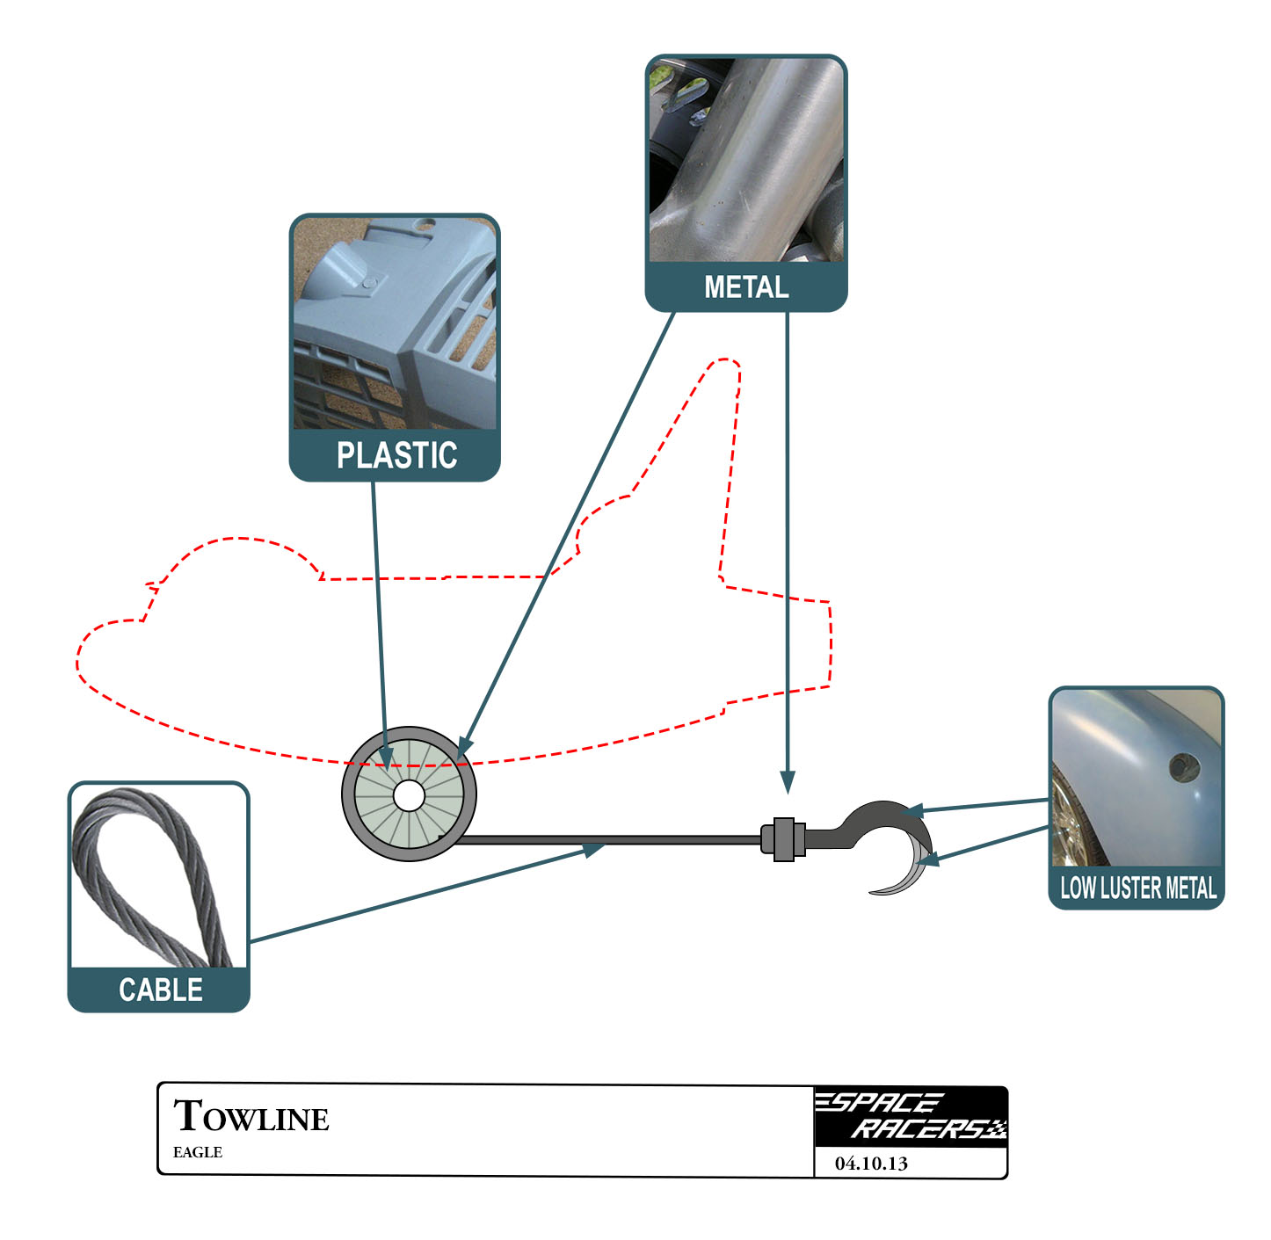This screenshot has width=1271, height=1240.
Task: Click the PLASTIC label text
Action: tap(396, 455)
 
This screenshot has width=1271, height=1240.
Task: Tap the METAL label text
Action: tap(746, 287)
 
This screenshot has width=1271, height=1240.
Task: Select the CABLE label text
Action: tap(160, 990)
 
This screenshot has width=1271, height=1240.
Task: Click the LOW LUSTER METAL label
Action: tap(1137, 888)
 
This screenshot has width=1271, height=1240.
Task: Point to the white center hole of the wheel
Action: tap(409, 796)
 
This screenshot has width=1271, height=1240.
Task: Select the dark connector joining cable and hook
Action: tap(783, 839)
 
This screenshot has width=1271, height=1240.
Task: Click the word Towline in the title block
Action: tap(251, 1117)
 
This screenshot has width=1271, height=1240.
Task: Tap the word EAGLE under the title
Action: tap(198, 1152)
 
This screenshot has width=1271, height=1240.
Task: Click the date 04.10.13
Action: tap(871, 1164)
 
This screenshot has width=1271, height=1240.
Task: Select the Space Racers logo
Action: tap(910, 1116)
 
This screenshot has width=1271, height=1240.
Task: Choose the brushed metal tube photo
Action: tap(746, 161)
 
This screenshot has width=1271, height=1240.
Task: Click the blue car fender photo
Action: tap(1137, 779)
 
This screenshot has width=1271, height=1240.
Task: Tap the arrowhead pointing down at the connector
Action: tap(788, 782)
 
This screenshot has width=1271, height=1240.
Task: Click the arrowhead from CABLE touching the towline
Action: tap(593, 849)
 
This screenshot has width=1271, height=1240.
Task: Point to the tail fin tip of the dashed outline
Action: tap(726, 361)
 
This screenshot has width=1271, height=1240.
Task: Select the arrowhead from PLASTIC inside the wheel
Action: tap(385, 757)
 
